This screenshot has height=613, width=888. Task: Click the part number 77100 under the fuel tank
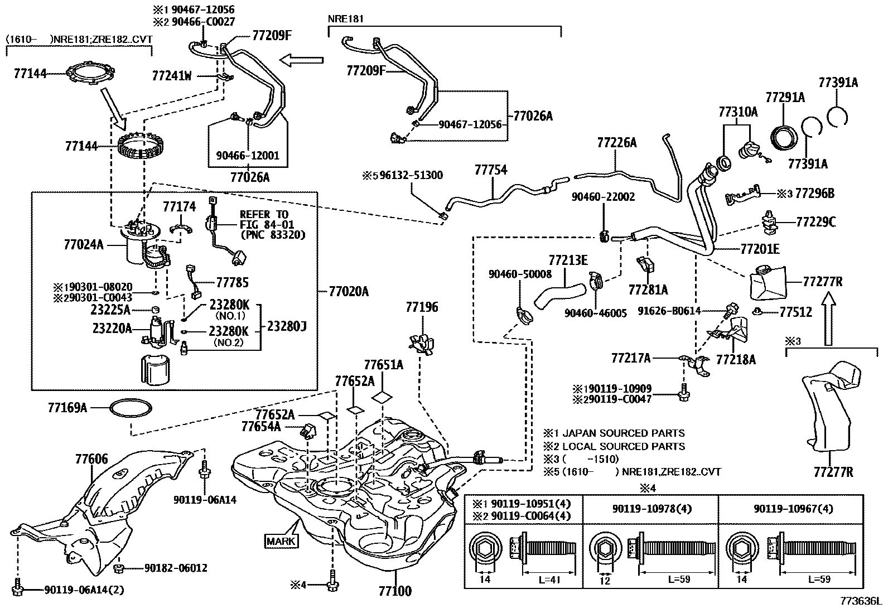pyautogui.click(x=394, y=591)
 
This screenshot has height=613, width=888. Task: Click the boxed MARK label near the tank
pyautogui.click(x=282, y=540)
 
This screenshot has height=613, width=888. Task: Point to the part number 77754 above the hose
pyautogui.click(x=491, y=170)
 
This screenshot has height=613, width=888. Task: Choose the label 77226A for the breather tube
pyautogui.click(x=616, y=143)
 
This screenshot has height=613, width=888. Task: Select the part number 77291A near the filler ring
pyautogui.click(x=785, y=98)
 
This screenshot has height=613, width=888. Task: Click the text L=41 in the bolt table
pyautogui.click(x=549, y=579)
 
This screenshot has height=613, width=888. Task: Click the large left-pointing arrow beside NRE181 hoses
pyautogui.click(x=301, y=59)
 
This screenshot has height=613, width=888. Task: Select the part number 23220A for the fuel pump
pyautogui.click(x=112, y=329)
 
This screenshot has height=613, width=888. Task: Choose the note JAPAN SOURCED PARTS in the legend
pyautogui.click(x=623, y=433)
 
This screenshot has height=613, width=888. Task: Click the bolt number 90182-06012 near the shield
pyautogui.click(x=176, y=568)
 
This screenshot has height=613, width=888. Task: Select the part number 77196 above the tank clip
pyautogui.click(x=422, y=307)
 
